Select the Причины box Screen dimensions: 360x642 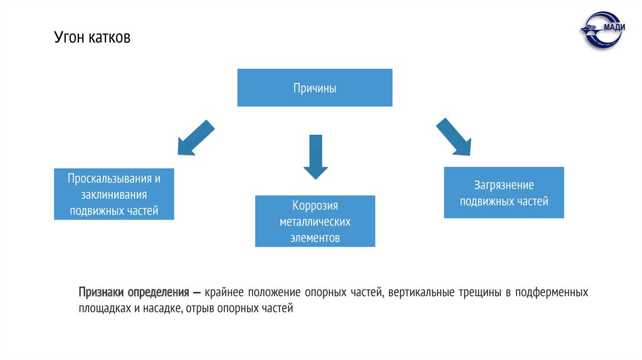tap(315, 88)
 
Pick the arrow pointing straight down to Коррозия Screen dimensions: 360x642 tap(315, 156)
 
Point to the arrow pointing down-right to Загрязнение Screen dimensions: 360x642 tap(453, 136)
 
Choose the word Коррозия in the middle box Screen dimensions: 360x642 tap(315, 206)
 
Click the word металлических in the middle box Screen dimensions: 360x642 tap(315, 222)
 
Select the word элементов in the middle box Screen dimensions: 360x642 tap(315, 238)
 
